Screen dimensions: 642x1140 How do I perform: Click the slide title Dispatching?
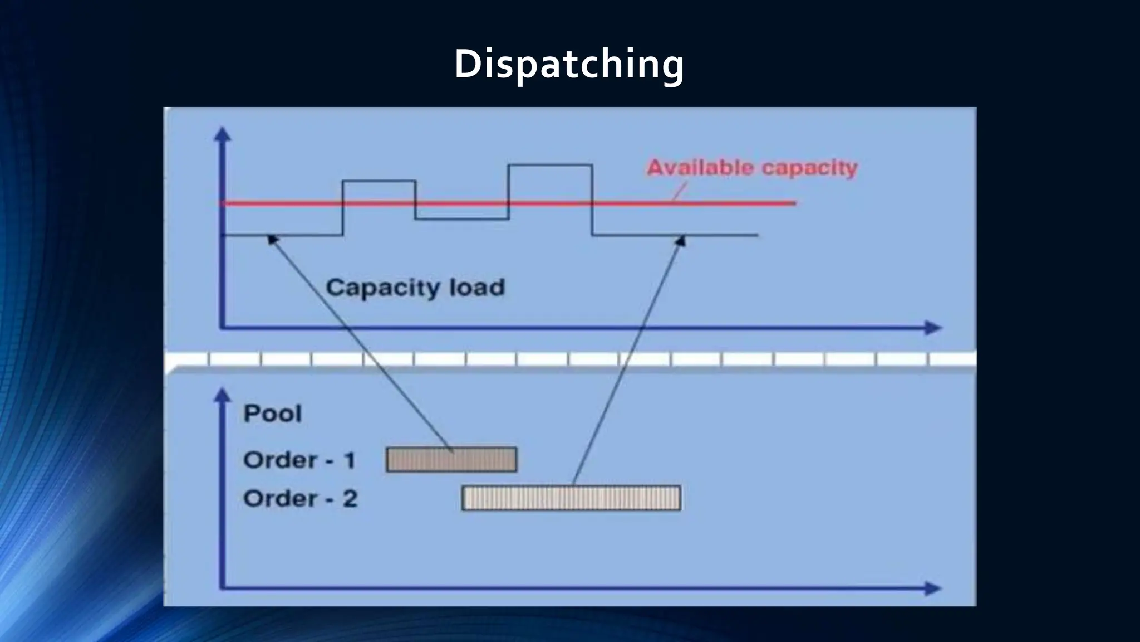(x=569, y=64)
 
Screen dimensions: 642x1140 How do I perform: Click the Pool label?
(x=273, y=414)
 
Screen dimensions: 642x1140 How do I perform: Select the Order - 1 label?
(x=299, y=460)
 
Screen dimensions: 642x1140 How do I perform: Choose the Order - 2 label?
(x=300, y=498)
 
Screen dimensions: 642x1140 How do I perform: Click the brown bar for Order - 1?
(x=451, y=460)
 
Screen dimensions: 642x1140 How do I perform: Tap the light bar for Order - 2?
(x=571, y=498)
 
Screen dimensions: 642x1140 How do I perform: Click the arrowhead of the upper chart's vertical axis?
(x=223, y=134)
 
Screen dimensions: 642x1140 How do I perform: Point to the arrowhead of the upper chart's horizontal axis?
(x=933, y=328)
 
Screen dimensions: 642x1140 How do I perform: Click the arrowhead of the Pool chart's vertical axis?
(x=223, y=395)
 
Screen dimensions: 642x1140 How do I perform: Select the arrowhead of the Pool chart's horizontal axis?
(x=933, y=588)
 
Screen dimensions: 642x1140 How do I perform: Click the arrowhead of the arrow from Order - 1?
(x=272, y=239)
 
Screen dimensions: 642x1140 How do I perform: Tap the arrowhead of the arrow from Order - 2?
(x=680, y=240)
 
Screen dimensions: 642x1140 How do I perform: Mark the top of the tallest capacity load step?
(x=550, y=165)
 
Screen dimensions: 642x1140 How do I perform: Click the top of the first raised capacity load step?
(x=379, y=181)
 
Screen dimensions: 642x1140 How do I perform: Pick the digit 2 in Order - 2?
(x=350, y=498)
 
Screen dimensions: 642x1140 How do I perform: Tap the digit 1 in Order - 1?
(x=350, y=460)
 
